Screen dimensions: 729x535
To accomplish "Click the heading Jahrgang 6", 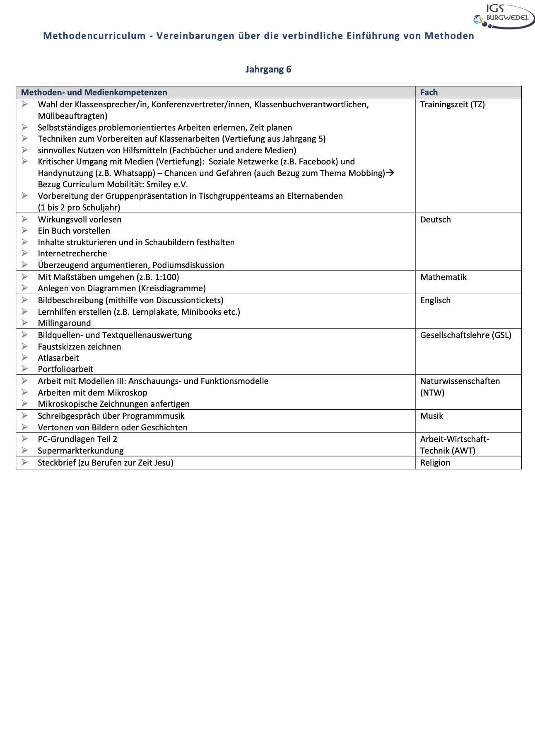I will [x=268, y=69].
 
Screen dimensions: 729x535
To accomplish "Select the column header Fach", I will [x=429, y=92].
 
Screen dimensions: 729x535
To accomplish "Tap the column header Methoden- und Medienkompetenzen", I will [x=94, y=92].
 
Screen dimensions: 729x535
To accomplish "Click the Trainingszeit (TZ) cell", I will [x=452, y=104].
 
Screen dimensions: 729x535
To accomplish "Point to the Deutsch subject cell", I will [x=435, y=220].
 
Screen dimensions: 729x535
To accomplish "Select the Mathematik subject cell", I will [x=443, y=277].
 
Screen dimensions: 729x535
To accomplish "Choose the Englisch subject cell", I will [x=435, y=300].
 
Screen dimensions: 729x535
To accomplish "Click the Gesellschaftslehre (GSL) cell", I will [x=465, y=335].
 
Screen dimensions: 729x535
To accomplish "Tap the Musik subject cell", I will [x=431, y=416].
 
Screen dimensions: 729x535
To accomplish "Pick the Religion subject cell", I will [x=435, y=463].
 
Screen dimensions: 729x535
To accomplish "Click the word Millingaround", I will [x=64, y=323].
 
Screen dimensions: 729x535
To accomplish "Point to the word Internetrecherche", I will [x=72, y=253].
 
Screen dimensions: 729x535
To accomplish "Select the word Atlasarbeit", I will [x=58, y=358].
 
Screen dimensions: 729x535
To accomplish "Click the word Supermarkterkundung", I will [x=80, y=451].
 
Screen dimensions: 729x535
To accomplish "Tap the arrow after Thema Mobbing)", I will [x=390, y=173].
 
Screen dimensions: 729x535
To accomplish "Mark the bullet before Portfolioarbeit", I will [x=25, y=369].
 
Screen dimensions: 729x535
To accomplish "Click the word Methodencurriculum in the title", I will [x=94, y=36].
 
